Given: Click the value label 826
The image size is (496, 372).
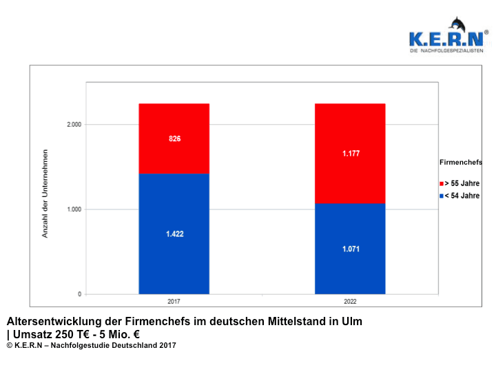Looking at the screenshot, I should click(174, 138).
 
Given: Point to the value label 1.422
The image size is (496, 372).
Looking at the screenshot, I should click(174, 234).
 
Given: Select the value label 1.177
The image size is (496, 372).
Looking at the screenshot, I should click(350, 153).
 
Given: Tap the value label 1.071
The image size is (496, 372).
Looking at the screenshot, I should click(350, 249).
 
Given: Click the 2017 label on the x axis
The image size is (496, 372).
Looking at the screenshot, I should click(174, 301).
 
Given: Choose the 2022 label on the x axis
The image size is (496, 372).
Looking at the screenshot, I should click(350, 301).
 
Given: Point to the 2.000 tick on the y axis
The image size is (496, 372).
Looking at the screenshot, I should click(73, 125).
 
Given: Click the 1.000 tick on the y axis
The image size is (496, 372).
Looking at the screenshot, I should click(73, 209).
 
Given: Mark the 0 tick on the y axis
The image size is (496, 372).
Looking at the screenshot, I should click(79, 294).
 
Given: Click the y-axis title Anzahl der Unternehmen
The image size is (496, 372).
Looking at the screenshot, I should click(45, 193).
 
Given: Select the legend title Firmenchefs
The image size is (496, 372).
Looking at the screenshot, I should click(460, 163).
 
